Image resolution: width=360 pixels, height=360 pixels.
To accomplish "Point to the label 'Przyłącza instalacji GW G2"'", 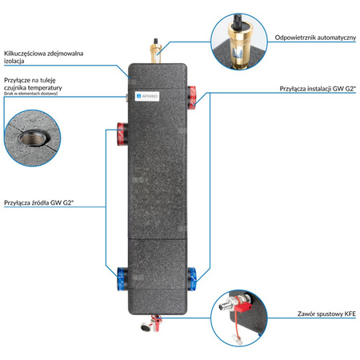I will click(x=316, y=89).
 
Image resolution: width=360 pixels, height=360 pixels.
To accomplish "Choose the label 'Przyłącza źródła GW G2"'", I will click(x=41, y=203).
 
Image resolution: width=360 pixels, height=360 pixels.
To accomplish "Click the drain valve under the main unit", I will click(x=150, y=324).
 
